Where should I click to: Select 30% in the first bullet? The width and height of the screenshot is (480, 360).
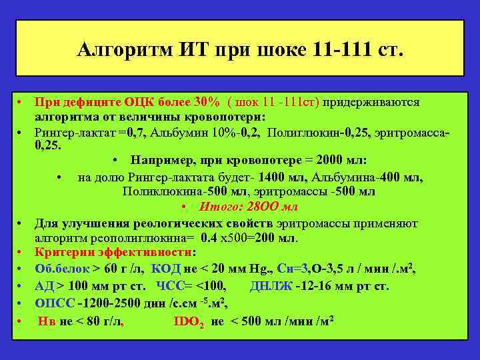(x=206, y=103)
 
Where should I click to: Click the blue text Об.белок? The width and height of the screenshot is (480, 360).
(x=61, y=269)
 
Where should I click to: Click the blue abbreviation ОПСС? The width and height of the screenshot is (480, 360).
(x=54, y=303)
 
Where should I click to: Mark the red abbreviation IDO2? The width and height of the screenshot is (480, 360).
(x=189, y=321)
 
